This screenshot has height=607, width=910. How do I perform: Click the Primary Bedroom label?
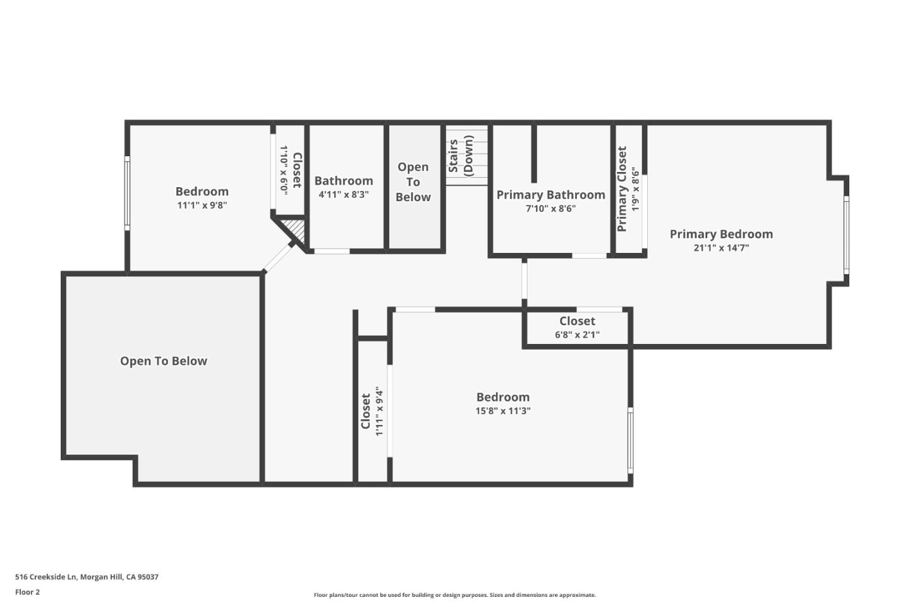(x=721, y=234)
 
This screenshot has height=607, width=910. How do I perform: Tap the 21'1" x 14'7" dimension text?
(x=721, y=248)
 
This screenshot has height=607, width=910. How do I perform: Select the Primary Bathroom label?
(x=550, y=195)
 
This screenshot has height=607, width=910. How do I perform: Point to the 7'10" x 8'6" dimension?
(x=550, y=209)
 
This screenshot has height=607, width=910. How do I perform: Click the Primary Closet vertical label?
(x=622, y=189)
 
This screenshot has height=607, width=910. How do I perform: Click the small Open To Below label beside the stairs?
(x=413, y=182)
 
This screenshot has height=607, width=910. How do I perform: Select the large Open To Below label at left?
(x=164, y=361)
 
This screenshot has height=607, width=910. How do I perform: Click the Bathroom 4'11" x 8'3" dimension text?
(x=343, y=195)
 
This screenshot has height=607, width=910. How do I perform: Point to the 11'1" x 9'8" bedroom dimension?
(x=202, y=205)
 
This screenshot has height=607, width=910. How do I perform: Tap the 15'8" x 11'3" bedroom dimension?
(x=503, y=411)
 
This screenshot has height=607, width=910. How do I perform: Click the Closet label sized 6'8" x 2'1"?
(x=577, y=321)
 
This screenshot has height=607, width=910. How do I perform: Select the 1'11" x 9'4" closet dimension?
(x=379, y=412)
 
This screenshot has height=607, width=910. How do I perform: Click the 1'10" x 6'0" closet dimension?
(x=284, y=169)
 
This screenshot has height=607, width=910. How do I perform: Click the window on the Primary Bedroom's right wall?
(x=846, y=235)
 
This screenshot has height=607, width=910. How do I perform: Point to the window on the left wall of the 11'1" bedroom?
(x=127, y=193)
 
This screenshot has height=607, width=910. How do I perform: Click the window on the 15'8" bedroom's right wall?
(x=630, y=440)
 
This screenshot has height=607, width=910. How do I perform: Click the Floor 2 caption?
(x=27, y=592)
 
